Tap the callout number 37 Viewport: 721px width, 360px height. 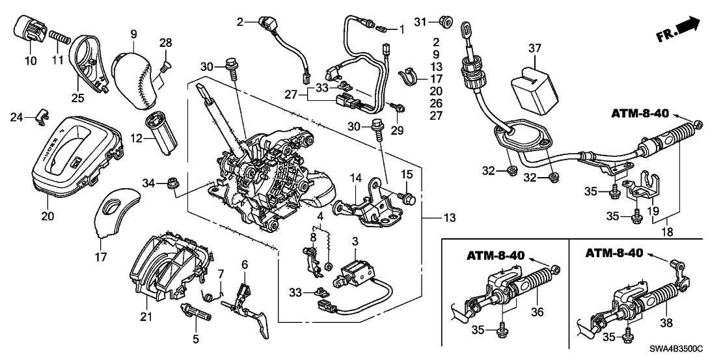tap(535, 49)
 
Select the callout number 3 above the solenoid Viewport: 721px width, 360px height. tap(355, 242)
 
